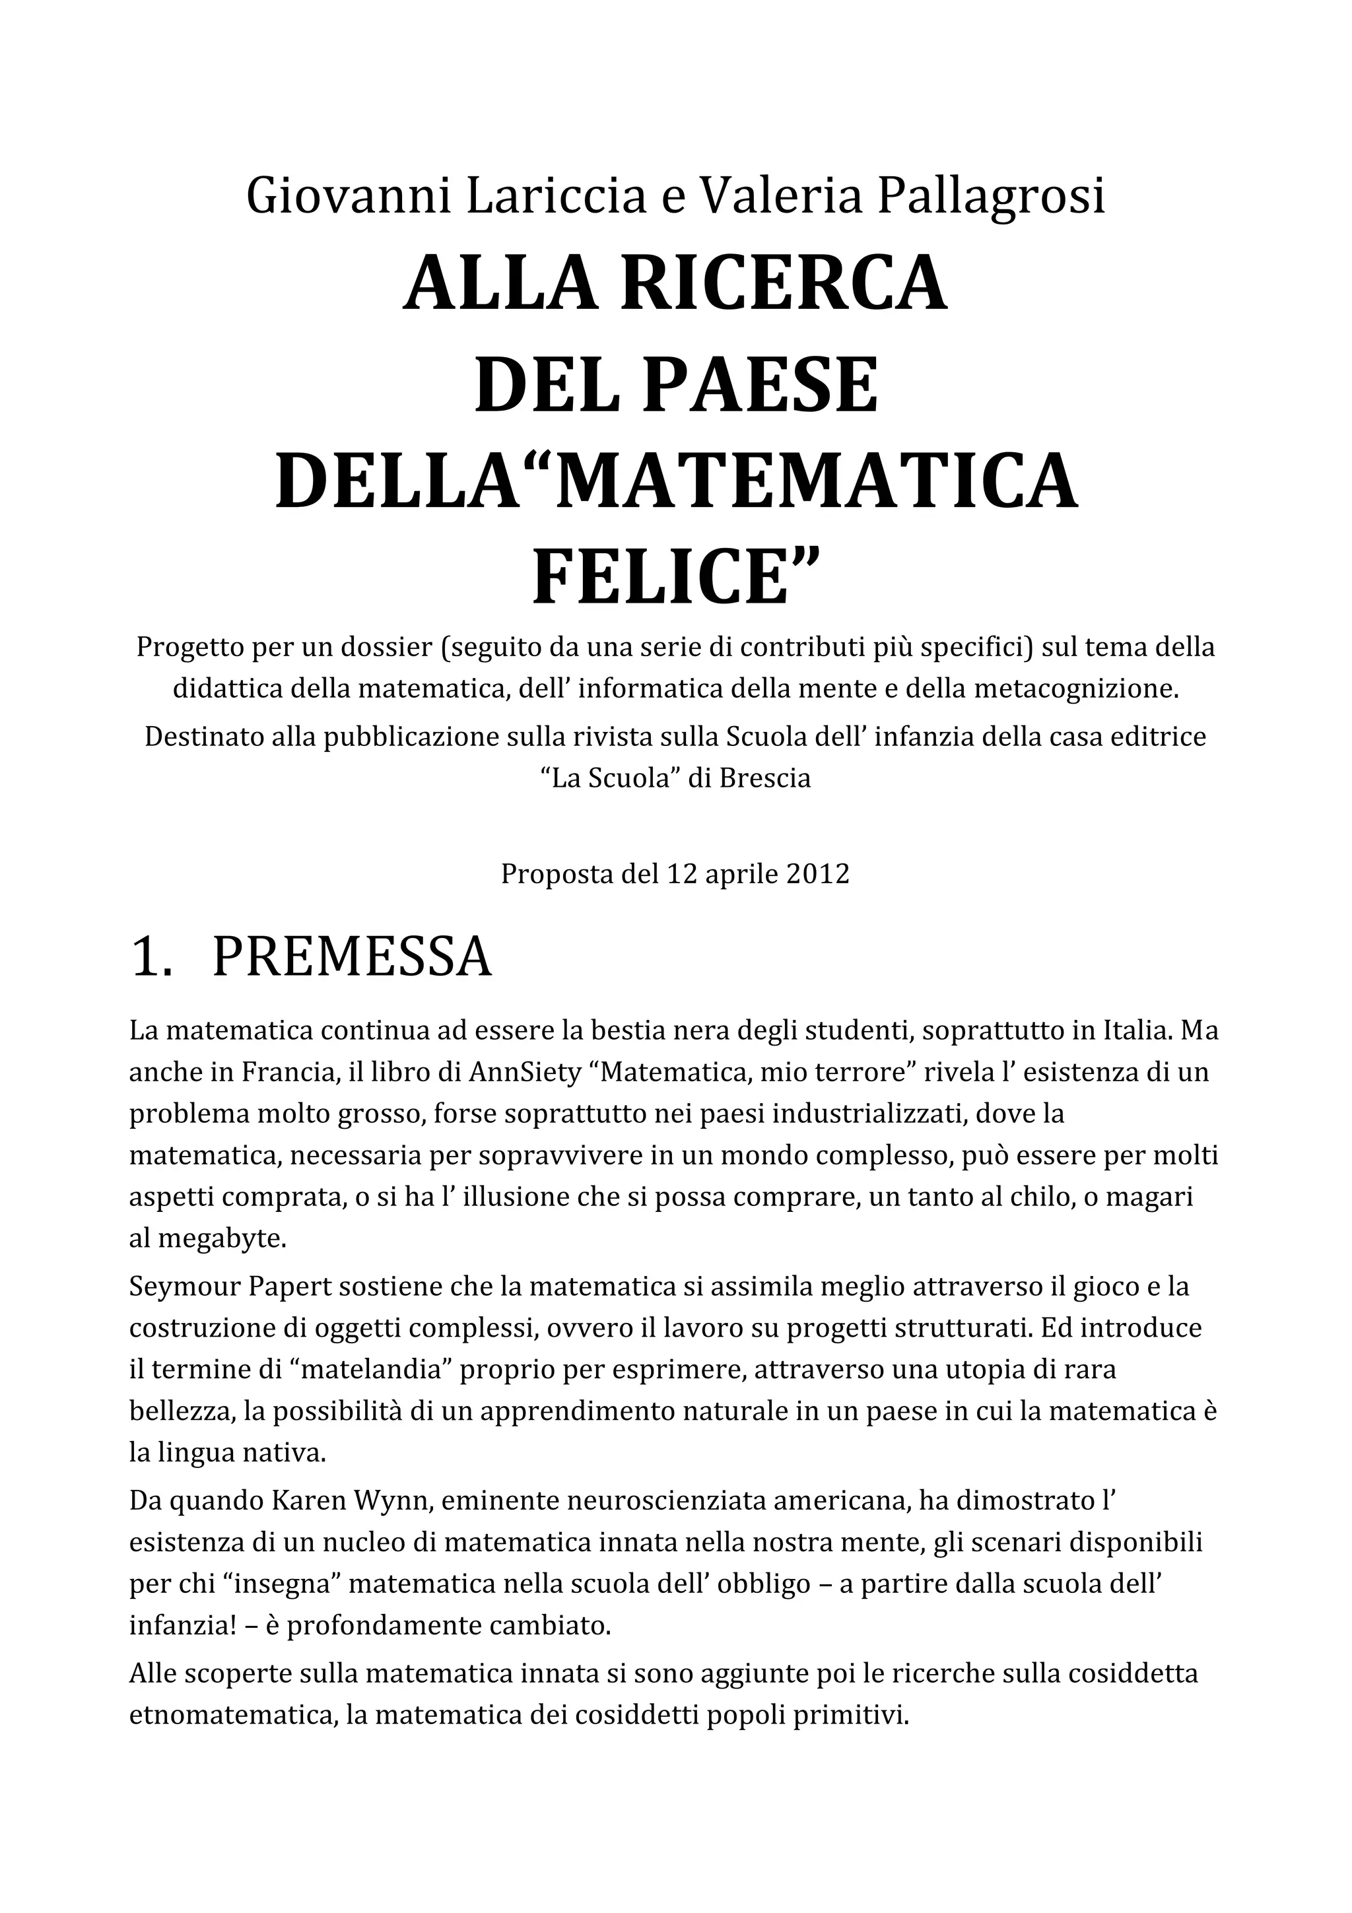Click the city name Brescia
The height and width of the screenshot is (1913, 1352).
coord(764,778)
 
